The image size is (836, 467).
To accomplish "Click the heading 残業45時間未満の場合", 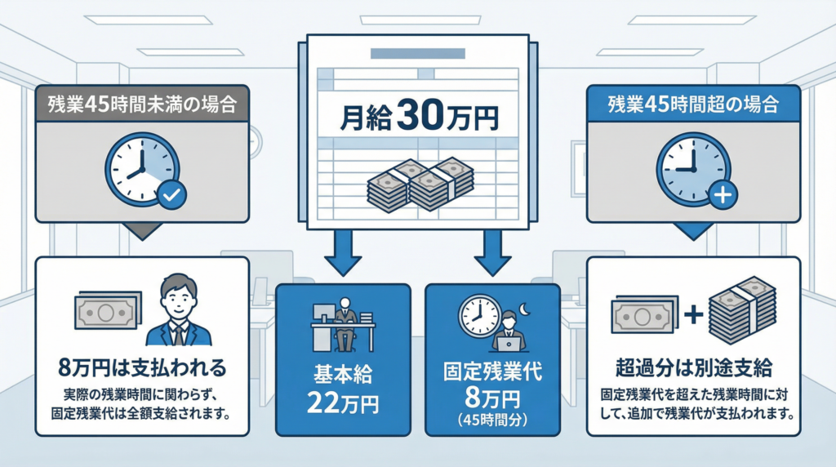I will click(x=142, y=105).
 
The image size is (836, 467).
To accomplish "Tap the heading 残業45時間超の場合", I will click(x=694, y=105).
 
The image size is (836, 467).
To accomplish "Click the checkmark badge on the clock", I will click(x=171, y=195).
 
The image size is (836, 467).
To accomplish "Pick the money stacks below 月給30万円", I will click(x=420, y=184).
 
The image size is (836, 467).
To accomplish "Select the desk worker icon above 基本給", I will click(x=343, y=323).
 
